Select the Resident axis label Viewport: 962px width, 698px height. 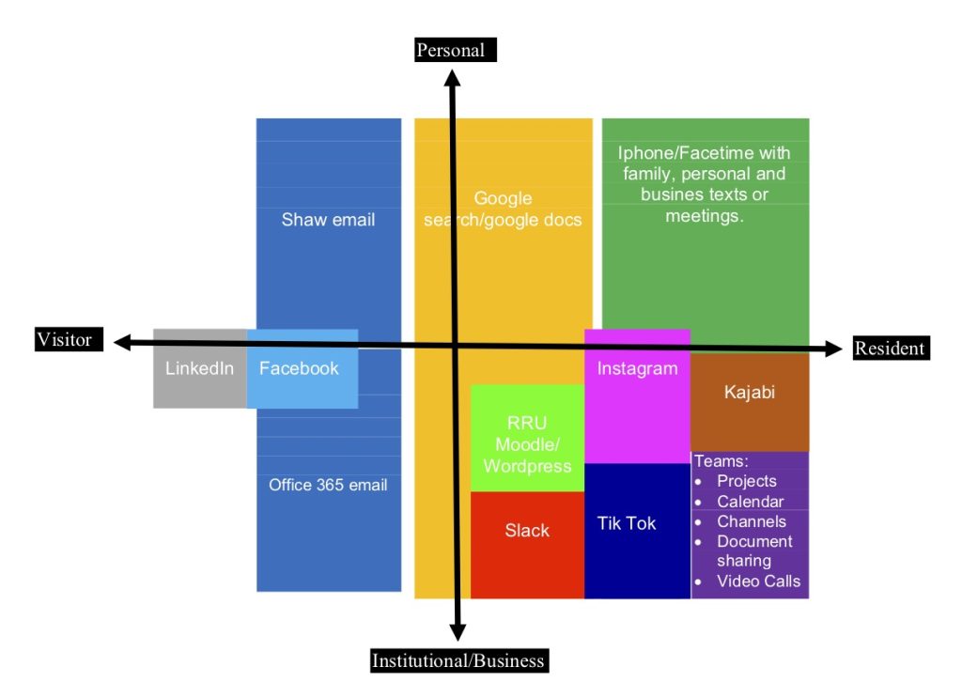[889, 349]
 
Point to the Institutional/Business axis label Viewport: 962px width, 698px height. [458, 660]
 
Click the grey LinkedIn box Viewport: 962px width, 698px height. [199, 368]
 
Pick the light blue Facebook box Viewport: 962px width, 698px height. [300, 368]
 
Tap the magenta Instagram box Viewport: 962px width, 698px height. [637, 395]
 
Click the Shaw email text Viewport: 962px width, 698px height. [328, 220]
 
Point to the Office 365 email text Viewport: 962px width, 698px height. [328, 485]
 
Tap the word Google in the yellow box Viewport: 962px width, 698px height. [503, 198]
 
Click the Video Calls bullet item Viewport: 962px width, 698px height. [758, 581]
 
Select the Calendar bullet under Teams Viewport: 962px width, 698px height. [750, 502]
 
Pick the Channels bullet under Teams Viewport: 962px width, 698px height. [751, 521]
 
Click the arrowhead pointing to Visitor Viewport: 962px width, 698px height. [121, 343]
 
